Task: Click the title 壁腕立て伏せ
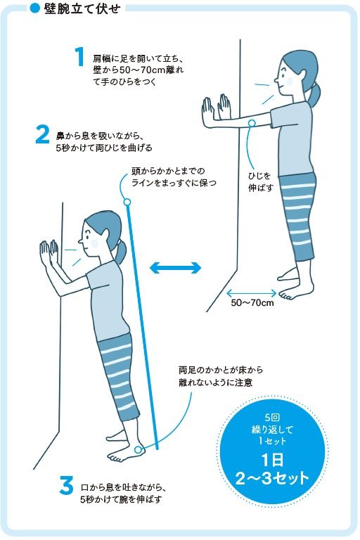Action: (x=82, y=9)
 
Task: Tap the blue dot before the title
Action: (x=34, y=9)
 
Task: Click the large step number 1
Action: (x=79, y=58)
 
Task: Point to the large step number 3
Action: (x=66, y=486)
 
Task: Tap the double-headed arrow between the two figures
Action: (x=175, y=267)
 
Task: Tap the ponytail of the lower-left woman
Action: (x=121, y=251)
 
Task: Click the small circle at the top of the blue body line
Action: (x=127, y=203)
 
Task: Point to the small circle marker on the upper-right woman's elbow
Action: (x=251, y=124)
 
